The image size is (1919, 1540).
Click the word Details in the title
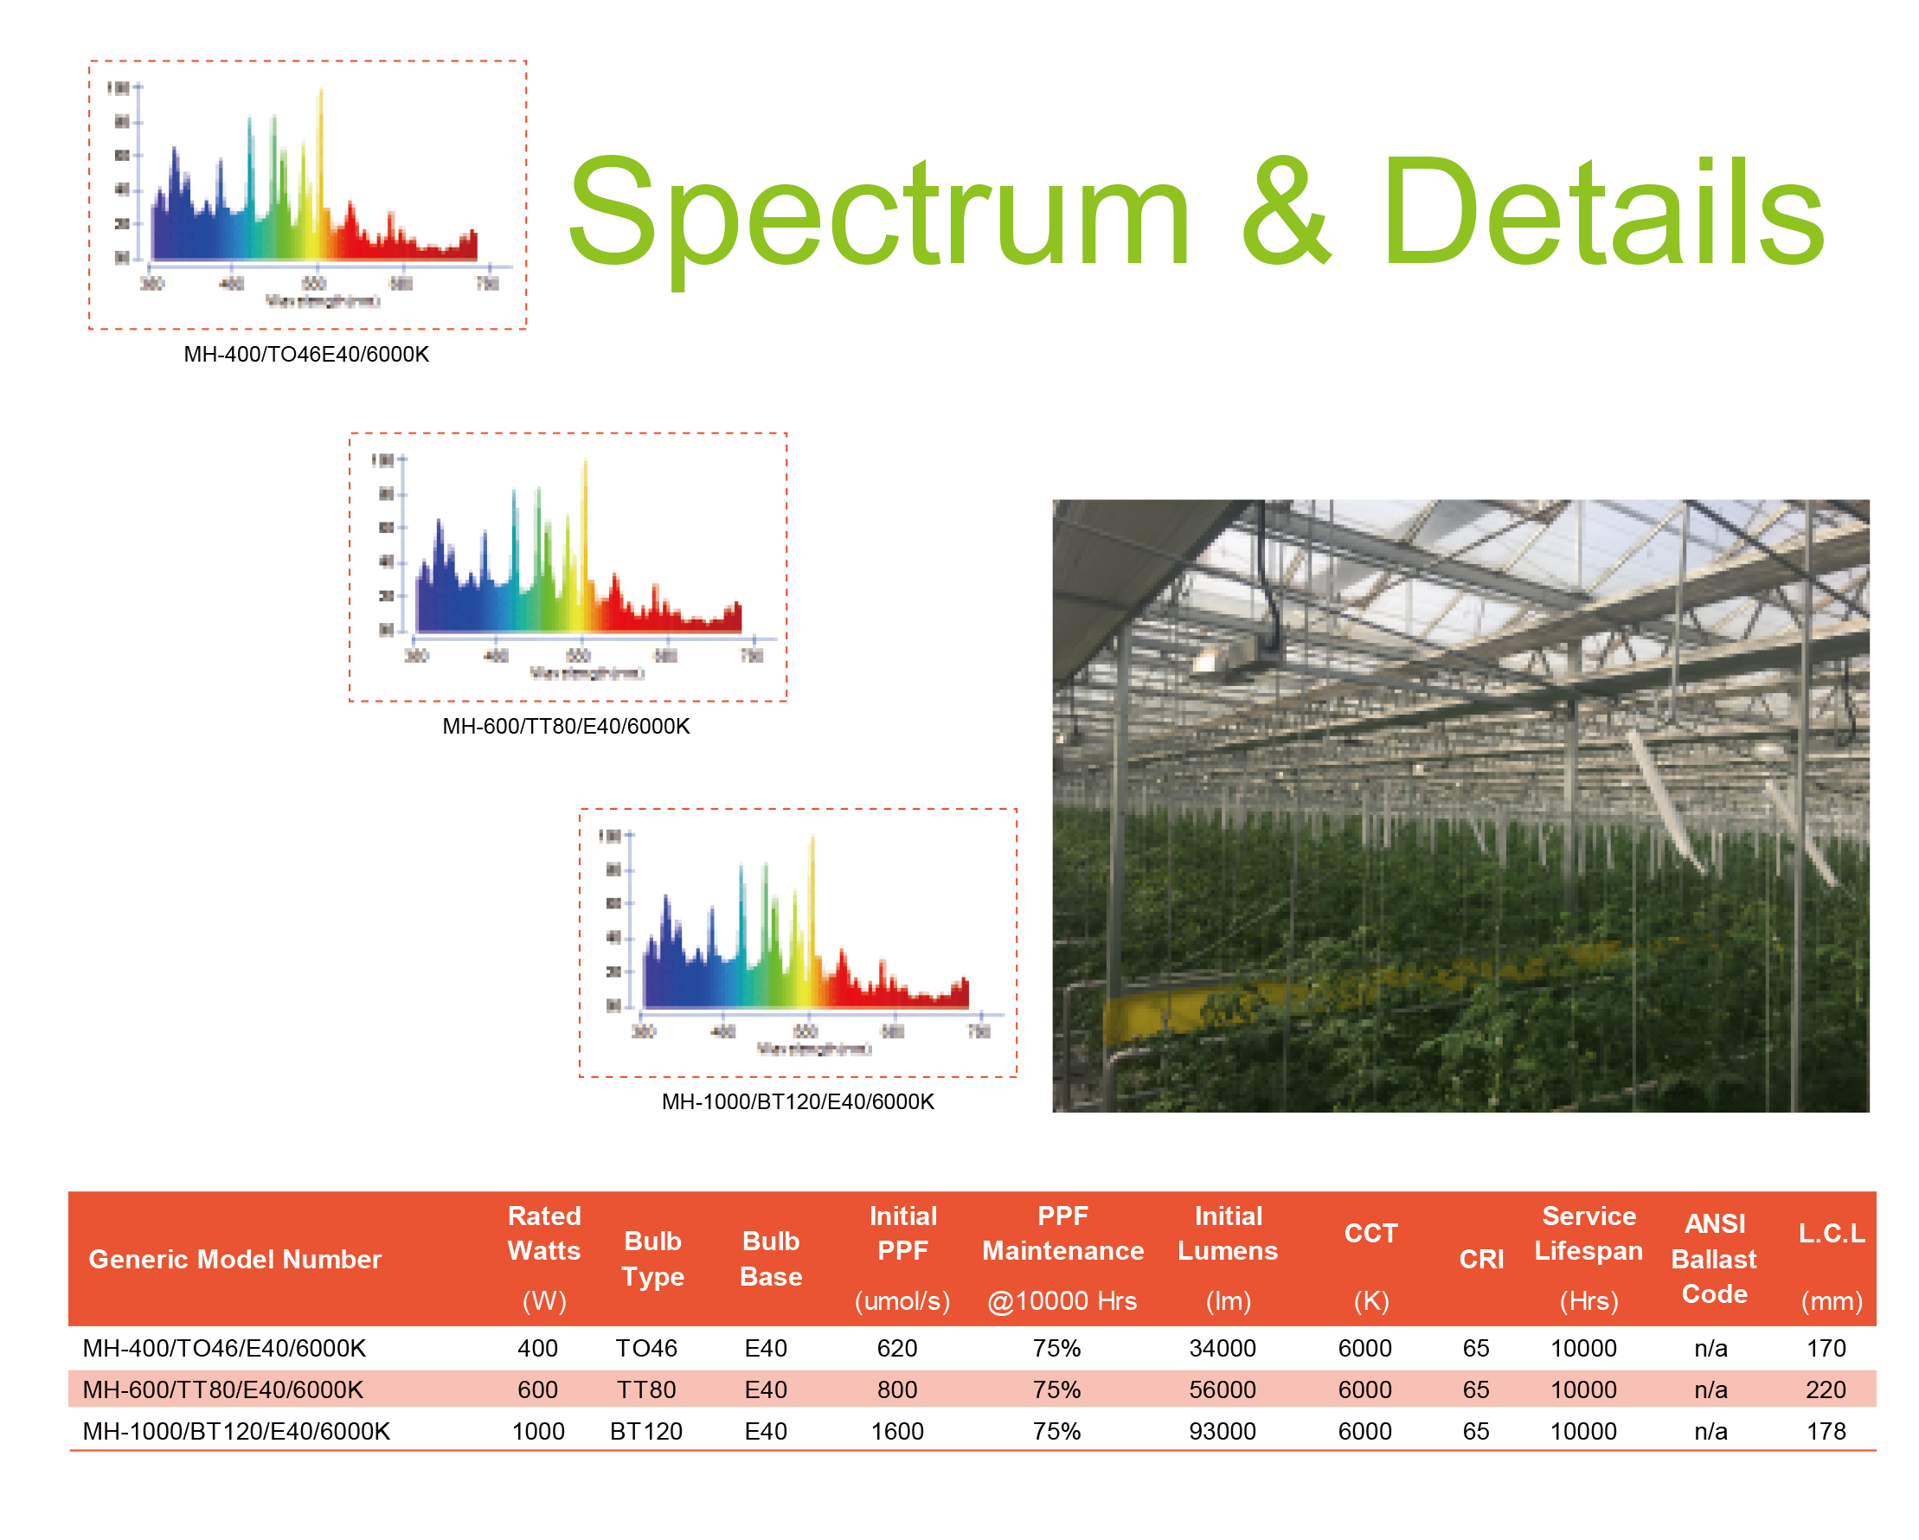point(1602,214)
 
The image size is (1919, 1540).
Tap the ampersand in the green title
point(1286,214)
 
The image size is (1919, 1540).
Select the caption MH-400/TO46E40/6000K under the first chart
point(306,355)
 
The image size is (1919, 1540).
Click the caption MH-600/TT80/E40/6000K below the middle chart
point(566,727)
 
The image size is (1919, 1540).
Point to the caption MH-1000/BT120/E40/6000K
point(798,1102)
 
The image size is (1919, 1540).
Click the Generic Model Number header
point(235,1260)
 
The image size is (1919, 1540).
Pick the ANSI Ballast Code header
point(1714,1260)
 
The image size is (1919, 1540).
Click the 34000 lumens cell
point(1222,1349)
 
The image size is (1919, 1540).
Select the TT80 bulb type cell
point(646,1389)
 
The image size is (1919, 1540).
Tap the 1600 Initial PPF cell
point(896,1431)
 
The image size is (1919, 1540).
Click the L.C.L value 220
point(1826,1389)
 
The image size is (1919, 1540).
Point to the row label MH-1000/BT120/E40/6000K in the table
point(236,1431)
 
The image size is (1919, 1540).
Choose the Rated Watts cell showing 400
point(537,1349)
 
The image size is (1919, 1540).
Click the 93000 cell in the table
point(1222,1431)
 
